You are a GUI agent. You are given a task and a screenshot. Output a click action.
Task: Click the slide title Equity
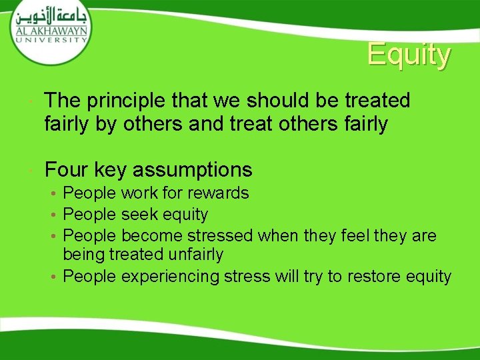point(409,55)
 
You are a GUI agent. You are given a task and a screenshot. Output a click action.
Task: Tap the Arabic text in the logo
point(51,16)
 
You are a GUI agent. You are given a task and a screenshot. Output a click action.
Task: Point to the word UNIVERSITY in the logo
point(51,39)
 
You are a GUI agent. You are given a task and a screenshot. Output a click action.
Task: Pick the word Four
point(66,169)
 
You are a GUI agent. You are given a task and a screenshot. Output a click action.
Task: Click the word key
point(110,169)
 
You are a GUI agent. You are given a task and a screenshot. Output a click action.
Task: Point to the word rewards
point(218,193)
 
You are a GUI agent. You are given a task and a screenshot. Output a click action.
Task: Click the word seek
point(138,214)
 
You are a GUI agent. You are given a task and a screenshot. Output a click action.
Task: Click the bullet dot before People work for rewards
point(55,194)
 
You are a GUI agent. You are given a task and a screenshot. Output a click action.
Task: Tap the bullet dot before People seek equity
point(55,215)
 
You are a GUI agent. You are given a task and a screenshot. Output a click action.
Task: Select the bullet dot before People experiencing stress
point(55,277)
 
